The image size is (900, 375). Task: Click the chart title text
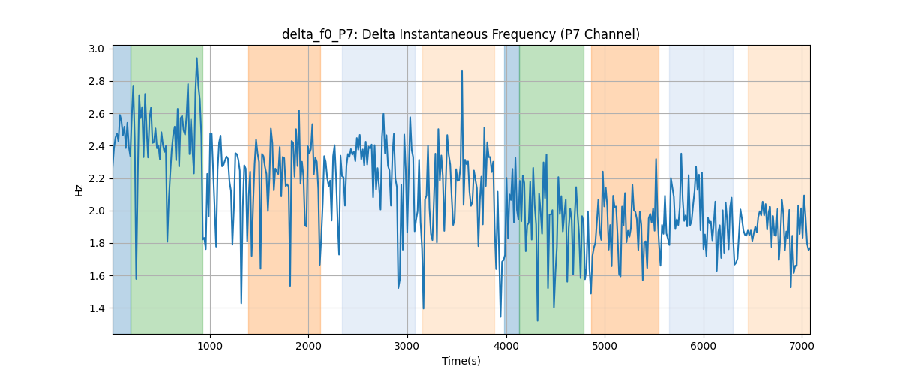460,34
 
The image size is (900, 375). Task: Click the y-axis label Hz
79,190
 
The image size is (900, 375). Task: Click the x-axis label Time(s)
460,361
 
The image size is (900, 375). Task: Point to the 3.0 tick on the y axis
97,49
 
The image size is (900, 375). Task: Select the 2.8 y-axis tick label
97,82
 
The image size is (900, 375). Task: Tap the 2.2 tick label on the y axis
97,178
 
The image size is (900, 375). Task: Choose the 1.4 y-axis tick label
97,308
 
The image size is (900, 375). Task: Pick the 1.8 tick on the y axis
97,244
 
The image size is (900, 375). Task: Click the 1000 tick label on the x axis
210,346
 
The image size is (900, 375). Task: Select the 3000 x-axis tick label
407,346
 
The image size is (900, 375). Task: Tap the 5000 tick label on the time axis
604,346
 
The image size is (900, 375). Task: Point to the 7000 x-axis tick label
802,346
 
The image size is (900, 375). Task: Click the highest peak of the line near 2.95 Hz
196,58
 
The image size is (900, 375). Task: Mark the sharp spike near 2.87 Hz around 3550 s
462,70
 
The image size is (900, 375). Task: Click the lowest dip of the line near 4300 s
538,320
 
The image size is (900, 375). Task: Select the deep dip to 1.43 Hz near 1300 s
241,303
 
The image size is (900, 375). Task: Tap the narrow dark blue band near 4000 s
511,189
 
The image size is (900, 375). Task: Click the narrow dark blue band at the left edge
122,189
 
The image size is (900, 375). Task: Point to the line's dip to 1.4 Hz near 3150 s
424,308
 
